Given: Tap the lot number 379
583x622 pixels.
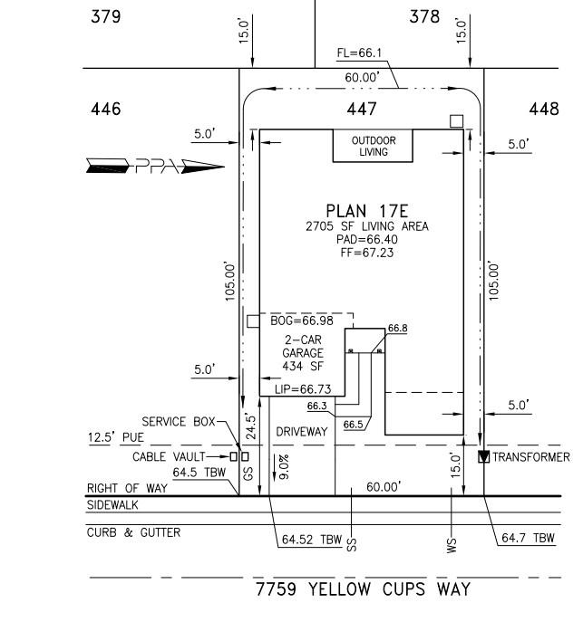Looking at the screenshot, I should click(x=107, y=16).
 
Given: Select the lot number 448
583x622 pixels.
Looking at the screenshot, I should click(x=544, y=110).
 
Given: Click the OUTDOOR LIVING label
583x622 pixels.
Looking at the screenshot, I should click(x=374, y=146).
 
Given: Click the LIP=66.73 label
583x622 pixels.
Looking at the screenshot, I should click(x=303, y=388).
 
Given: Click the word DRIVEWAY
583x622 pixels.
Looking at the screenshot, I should click(x=301, y=433).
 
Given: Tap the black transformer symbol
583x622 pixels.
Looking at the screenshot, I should click(x=483, y=456).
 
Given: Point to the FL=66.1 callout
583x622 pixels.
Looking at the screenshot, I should click(x=361, y=53).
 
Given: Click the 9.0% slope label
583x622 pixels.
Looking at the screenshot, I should click(x=284, y=466).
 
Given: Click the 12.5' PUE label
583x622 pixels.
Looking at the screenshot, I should click(x=115, y=438).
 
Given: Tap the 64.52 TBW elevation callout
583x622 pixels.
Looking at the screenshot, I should click(x=308, y=541).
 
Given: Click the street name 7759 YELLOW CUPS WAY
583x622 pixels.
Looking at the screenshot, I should click(x=363, y=589).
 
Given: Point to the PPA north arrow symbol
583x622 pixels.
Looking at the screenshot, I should click(x=154, y=165).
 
